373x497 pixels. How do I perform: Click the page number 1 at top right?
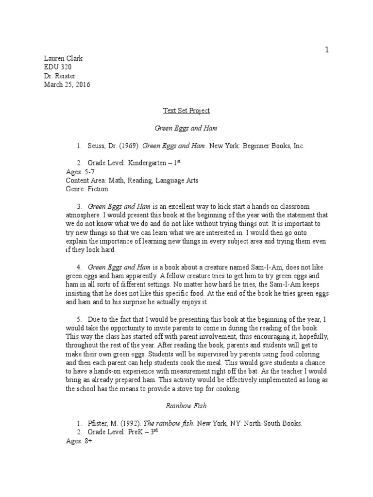(x=327, y=50)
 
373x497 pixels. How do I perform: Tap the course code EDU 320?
(x=57, y=67)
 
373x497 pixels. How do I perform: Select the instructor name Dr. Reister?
(x=60, y=76)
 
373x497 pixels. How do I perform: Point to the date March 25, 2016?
(x=67, y=84)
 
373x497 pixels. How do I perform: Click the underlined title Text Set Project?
(x=186, y=111)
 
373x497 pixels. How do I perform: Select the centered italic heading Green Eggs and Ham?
(x=186, y=128)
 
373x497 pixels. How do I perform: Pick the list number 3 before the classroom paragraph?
(x=79, y=207)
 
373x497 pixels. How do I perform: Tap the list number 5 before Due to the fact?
(x=79, y=319)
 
